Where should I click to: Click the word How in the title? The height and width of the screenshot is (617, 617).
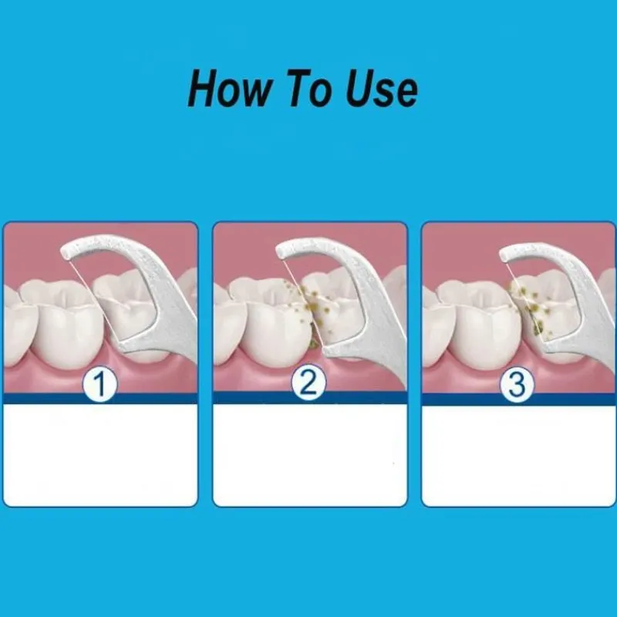click(230, 89)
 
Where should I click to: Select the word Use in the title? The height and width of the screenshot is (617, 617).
click(381, 89)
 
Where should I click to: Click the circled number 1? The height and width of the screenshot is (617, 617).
click(99, 384)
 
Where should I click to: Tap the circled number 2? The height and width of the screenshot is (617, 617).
click(308, 383)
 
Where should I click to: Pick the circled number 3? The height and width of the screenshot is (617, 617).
click(517, 384)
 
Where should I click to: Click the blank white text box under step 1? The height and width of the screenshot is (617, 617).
click(100, 455)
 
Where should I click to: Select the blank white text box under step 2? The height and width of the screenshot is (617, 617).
click(310, 455)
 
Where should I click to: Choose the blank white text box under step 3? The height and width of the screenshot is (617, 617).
click(518, 456)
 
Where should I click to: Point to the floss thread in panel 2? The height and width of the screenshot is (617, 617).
click(303, 303)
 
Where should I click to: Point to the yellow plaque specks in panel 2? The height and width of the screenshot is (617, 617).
click(313, 311)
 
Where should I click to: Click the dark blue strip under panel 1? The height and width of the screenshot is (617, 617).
click(100, 398)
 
